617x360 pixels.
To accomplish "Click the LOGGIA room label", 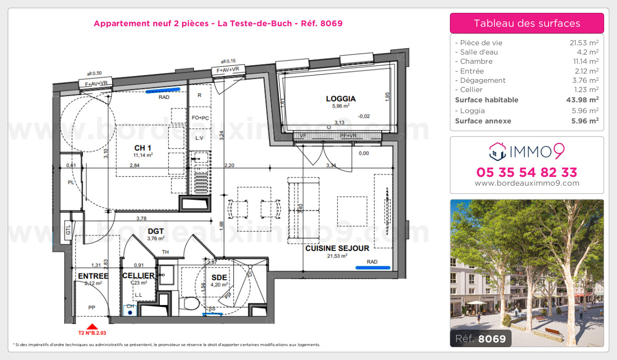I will click(340, 99).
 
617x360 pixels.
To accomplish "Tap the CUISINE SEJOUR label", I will click(337, 248).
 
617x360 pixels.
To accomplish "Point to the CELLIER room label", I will click(138, 276).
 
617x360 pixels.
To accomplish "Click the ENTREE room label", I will click(93, 276).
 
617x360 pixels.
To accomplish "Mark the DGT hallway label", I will click(155, 231).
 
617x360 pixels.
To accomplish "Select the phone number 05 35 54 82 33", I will click(527, 172).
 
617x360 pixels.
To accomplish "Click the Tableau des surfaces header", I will click(527, 23).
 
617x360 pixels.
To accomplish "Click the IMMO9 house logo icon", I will click(497, 151).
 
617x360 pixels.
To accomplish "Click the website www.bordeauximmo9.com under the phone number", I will click(527, 183).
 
